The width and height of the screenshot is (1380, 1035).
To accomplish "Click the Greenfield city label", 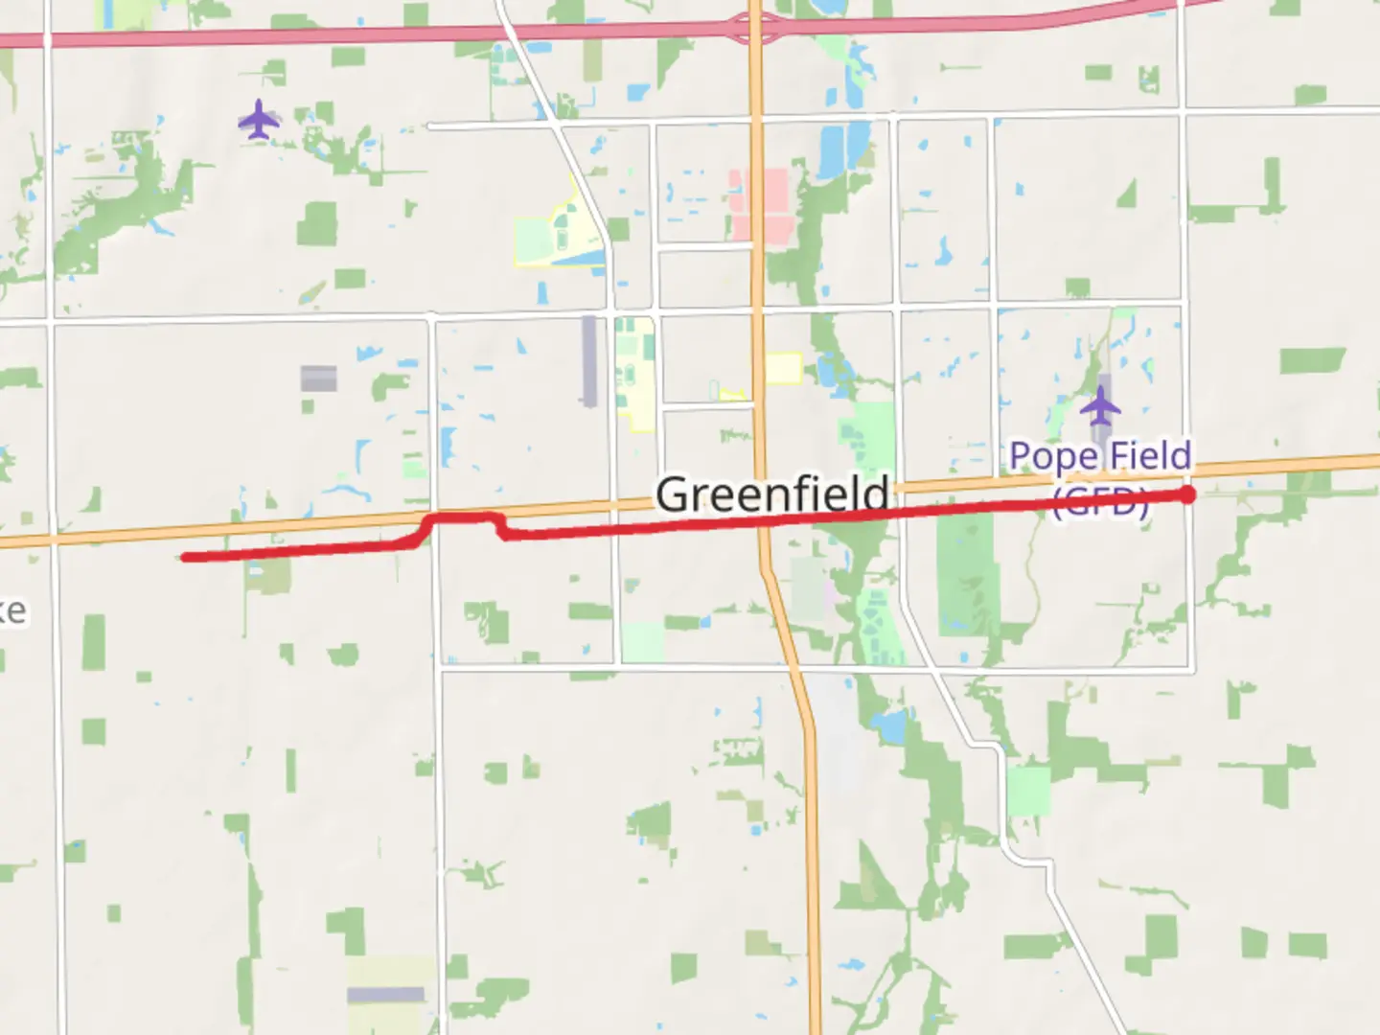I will click(771, 494).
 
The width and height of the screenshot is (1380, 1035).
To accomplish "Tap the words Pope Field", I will click(1100, 456).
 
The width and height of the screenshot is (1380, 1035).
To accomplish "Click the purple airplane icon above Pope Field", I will click(1100, 407).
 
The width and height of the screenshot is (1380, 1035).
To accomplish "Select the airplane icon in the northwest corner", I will click(259, 121).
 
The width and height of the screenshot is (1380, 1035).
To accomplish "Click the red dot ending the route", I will click(1187, 494).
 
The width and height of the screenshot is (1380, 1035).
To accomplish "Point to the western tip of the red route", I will click(184, 557).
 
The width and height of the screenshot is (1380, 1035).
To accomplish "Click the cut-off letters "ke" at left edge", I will click(12, 610).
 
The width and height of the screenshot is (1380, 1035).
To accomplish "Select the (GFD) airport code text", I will click(1099, 502).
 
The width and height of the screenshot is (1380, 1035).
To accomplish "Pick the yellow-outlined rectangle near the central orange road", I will click(783, 368).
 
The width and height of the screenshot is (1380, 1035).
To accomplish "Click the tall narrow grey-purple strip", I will click(588, 360).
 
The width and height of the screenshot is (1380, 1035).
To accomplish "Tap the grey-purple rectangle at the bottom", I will click(385, 995).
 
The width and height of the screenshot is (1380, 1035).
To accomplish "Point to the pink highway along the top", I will click(383, 37).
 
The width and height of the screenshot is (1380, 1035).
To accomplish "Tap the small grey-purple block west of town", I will click(318, 378).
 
